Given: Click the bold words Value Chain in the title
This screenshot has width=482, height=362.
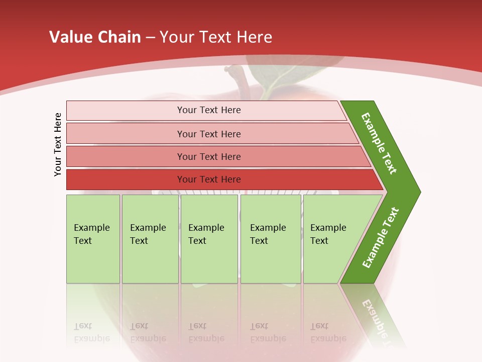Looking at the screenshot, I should (95, 37).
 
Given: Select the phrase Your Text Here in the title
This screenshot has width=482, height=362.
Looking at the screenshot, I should (216, 37).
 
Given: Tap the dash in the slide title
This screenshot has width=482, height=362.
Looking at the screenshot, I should (150, 38).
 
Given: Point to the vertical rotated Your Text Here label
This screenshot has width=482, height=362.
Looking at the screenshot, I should (58, 145).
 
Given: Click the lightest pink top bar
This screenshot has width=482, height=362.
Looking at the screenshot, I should (208, 110).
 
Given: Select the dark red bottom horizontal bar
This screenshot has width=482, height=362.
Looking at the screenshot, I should (208, 179).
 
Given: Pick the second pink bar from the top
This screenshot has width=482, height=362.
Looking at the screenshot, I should (208, 134).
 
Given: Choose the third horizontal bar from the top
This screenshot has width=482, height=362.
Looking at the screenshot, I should (208, 156).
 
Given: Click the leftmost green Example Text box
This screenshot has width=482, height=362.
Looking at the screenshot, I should (93, 239).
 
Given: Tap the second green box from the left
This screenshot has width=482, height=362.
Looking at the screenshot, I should (150, 239).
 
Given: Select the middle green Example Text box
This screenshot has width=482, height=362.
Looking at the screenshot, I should (209, 239).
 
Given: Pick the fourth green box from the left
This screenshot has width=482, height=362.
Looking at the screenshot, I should (270, 239).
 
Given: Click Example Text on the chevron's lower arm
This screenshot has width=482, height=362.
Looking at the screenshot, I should (381, 238).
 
